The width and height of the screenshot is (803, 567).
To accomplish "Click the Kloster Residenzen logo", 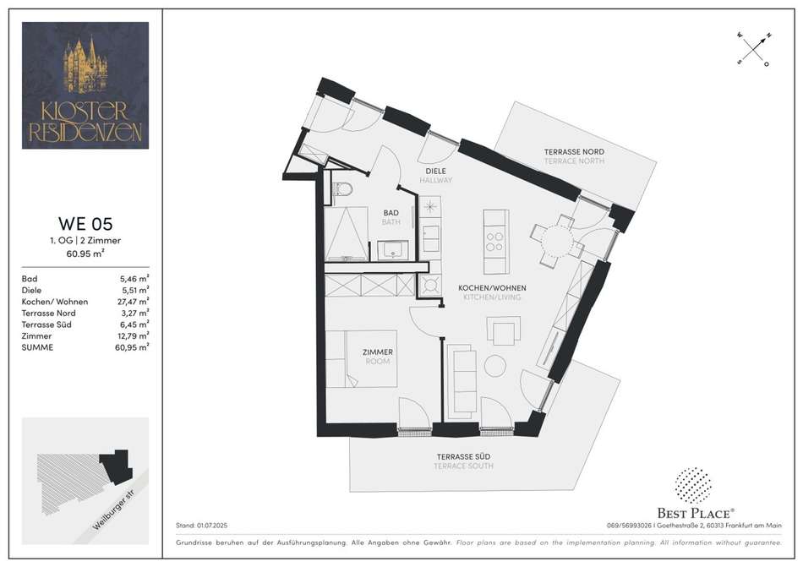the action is pyautogui.click(x=85, y=85).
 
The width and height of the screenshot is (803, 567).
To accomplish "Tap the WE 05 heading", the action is pyautogui.click(x=85, y=224).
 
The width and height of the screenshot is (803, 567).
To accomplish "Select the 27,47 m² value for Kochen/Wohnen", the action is pyautogui.click(x=134, y=302).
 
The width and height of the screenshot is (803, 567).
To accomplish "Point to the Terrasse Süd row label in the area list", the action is pyautogui.click(x=46, y=324).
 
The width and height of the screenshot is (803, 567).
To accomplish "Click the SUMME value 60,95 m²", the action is pyautogui.click(x=132, y=347).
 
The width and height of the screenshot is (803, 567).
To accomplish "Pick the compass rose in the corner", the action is pyautogui.click(x=754, y=50).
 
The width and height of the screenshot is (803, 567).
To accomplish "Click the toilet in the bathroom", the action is pyautogui.click(x=341, y=190).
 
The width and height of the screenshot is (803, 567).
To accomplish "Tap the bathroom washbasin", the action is pyautogui.click(x=393, y=251).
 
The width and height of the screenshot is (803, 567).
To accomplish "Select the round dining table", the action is pyautogui.click(x=557, y=241).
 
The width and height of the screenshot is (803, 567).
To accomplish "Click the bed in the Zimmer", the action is pyautogui.click(x=362, y=359).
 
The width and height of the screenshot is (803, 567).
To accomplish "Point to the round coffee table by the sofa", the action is pyautogui.click(x=495, y=367).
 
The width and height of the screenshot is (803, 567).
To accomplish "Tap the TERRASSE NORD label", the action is pyautogui.click(x=574, y=151).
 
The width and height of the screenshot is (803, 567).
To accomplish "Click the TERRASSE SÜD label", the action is pyautogui.click(x=463, y=456).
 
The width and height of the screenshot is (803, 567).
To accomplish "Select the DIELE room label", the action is pyautogui.click(x=436, y=171).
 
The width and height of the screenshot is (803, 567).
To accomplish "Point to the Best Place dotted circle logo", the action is pyautogui.click(x=693, y=484).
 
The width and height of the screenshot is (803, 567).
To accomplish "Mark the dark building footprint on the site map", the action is pyautogui.click(x=117, y=466).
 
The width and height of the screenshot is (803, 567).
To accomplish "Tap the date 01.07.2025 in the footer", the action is pyautogui.click(x=212, y=526).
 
